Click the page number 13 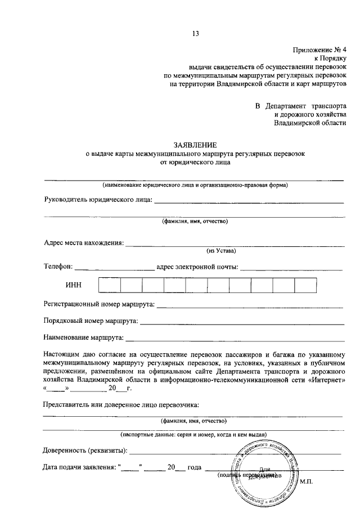pyautogui.click(x=195, y=33)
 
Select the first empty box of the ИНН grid pyautogui.click(x=110, y=285)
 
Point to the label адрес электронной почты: pyautogui.click(x=197, y=267)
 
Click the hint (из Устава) pyautogui.click(x=221, y=251)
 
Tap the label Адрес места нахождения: pyautogui.click(x=84, y=243)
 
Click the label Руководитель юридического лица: pyautogui.click(x=98, y=199)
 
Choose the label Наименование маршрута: pyautogui.click(x=84, y=338)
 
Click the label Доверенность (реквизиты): pyautogui.click(x=85, y=450)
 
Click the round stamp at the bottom pyautogui.click(x=263, y=470)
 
